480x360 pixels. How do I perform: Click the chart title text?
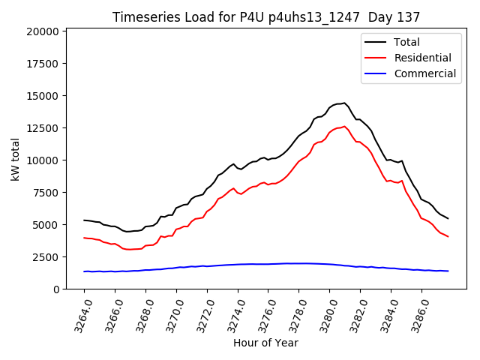pos(266,16)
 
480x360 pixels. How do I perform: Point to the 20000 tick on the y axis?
pos(43,31)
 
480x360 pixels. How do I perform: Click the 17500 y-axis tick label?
pos(43,64)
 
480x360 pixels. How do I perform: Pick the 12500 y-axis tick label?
pos(43,128)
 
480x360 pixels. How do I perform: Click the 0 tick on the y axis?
pos(55,289)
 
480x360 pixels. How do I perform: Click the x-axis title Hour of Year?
pos(265,343)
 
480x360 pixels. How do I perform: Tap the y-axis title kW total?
pos(15,159)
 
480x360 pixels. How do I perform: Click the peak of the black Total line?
pos(343,103)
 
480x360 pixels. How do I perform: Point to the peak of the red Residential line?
pos(344,127)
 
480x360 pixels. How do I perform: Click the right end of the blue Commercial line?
pos(448,271)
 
